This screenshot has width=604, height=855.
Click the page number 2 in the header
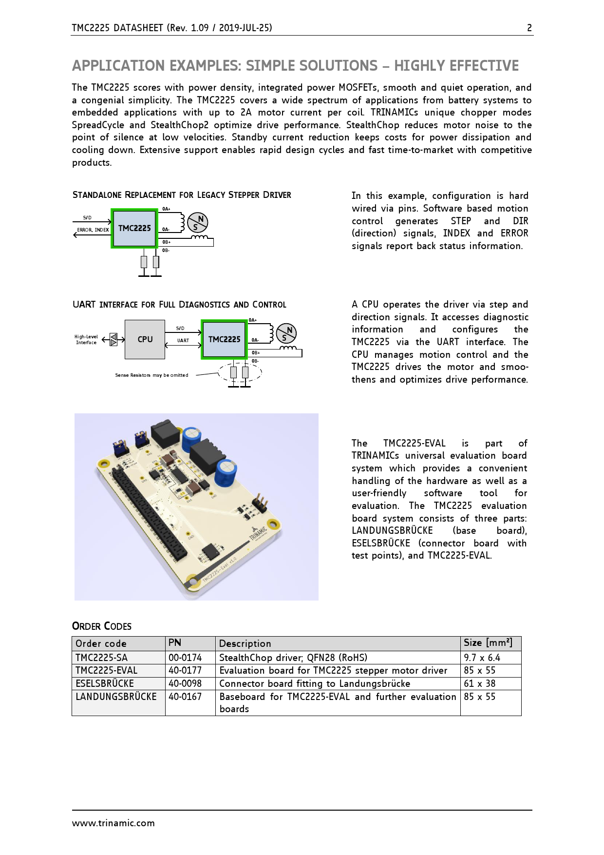coord(529,28)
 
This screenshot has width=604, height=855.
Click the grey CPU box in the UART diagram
coord(145,339)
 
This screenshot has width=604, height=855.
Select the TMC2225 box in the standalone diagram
coord(134,228)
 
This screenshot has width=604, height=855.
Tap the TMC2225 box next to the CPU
coord(224,339)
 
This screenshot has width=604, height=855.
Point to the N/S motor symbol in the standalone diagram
coord(198,223)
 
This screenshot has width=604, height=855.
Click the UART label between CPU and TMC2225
coord(183,341)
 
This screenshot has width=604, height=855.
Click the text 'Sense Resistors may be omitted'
coord(151,375)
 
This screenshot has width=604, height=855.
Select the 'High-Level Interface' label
coord(86,340)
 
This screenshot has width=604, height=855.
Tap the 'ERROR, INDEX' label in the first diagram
coord(93,230)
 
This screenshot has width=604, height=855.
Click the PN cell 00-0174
coord(185,658)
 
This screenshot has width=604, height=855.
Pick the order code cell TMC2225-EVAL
coord(107,671)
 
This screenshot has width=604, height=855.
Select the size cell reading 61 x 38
coord(479,683)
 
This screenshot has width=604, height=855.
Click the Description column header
coord(245,643)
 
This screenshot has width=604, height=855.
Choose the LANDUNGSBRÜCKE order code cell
coord(116,697)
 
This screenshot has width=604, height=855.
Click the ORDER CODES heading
coord(102,626)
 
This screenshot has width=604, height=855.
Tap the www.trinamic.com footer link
coord(113,823)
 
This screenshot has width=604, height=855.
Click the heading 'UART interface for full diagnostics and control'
coord(179,305)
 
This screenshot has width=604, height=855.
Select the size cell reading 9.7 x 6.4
coord(482,658)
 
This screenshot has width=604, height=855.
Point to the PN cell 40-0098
coord(185,683)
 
